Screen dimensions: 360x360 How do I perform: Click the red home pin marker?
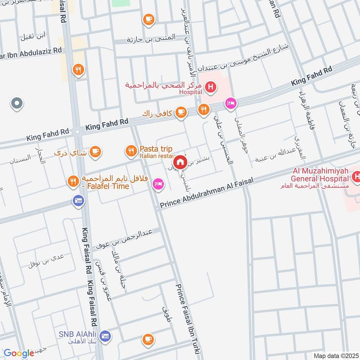(x=180, y=162)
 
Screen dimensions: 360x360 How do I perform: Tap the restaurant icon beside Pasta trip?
(x=131, y=151)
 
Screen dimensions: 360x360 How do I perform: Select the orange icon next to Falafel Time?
(x=72, y=182)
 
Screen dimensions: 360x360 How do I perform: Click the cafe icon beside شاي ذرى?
(x=94, y=152)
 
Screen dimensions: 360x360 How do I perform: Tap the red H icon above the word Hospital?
(x=209, y=86)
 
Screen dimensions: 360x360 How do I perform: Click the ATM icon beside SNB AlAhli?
(x=105, y=336)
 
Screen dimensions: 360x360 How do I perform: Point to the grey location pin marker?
(x=16, y=103)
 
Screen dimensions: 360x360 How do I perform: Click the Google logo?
(x=19, y=353)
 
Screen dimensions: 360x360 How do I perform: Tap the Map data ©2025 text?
(x=335, y=355)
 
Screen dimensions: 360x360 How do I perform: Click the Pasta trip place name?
(x=155, y=148)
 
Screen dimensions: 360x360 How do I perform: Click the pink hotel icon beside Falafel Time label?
(x=157, y=183)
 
